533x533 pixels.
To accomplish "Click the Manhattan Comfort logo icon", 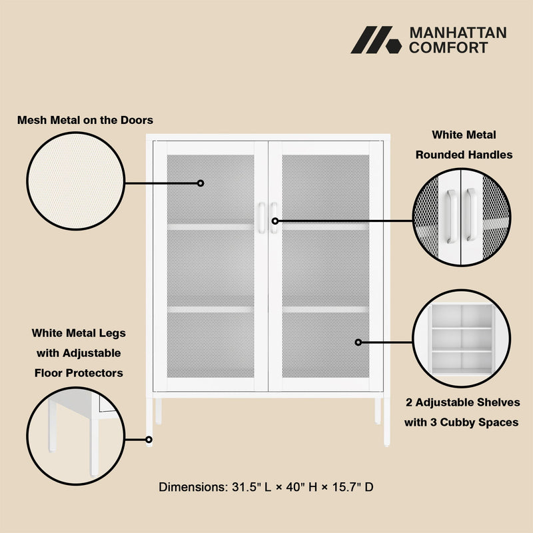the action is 376,40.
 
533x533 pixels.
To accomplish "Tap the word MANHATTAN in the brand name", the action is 458,33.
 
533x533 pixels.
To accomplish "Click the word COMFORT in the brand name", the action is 448,47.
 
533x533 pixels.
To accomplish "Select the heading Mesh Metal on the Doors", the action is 85,120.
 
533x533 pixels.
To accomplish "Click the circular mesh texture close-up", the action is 76,181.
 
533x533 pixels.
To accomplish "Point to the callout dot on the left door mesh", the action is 201,183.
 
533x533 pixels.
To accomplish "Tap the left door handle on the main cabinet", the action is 261,218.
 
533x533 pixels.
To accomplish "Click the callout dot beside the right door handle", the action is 275,221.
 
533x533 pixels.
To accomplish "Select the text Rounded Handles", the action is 464,155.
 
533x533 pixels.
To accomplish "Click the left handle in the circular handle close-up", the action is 452,217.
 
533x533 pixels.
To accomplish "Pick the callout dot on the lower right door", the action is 358,342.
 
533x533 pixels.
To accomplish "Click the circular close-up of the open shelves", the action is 461,338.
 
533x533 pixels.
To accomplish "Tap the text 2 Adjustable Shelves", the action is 462,402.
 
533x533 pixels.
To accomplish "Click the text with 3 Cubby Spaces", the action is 461,422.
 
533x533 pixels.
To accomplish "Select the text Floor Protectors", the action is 79,373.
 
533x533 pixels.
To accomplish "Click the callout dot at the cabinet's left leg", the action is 149,440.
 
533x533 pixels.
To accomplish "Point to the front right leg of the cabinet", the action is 387,422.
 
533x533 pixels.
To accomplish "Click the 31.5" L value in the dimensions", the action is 252,487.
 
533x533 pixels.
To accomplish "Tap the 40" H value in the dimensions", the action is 302,487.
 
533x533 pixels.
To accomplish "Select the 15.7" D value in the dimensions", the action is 353,487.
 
